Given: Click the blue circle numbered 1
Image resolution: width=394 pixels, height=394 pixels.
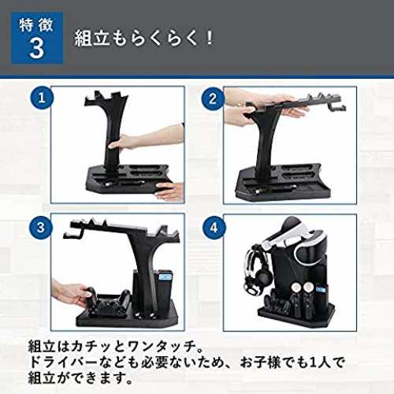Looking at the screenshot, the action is (x=42, y=98).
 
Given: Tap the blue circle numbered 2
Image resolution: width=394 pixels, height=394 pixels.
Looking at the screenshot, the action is (x=213, y=99).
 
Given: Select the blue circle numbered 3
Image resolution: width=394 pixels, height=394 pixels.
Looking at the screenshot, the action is (x=41, y=228).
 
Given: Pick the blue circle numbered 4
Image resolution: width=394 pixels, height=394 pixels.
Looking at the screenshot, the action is (x=214, y=228).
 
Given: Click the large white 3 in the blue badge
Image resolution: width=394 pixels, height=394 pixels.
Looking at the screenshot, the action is (x=37, y=49).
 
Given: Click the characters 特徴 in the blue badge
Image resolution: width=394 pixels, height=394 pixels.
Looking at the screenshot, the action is (x=36, y=25).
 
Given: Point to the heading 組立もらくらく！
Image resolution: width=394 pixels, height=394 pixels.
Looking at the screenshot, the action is (x=144, y=39).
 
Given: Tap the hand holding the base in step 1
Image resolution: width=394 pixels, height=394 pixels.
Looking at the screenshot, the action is (x=169, y=191).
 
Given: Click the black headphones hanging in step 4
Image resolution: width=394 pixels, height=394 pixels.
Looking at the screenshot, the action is (x=256, y=273).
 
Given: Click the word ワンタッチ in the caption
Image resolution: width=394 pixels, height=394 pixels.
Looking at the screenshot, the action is (x=162, y=347).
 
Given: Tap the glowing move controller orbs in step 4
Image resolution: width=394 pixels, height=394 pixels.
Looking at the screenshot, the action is (x=302, y=288).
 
